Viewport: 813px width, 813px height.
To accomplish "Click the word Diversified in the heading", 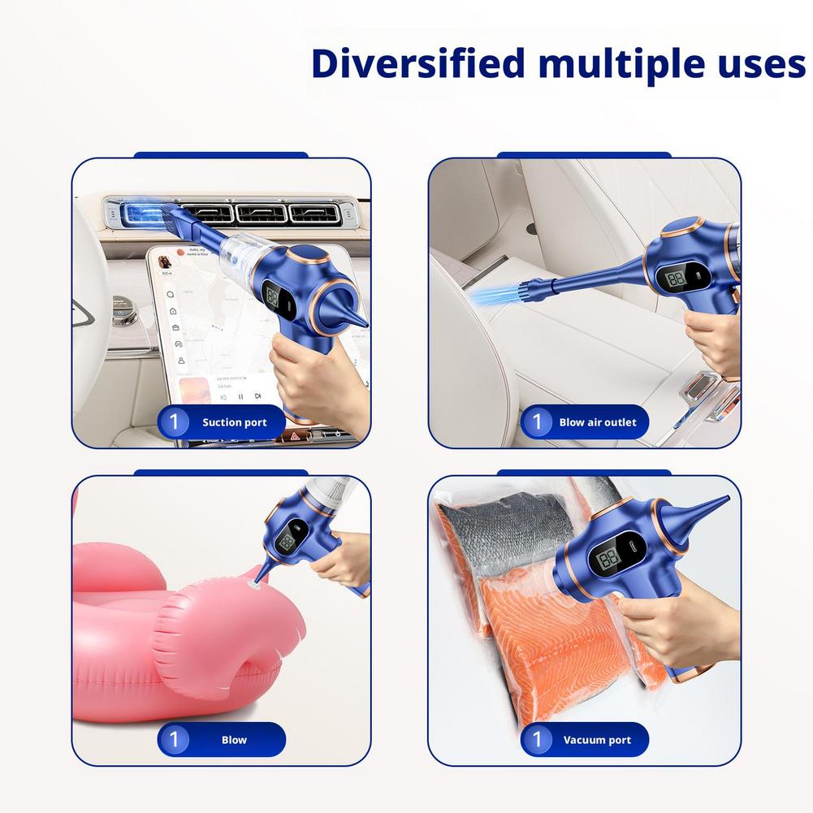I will (x=417, y=63).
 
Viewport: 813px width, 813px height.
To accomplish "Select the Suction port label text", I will (x=234, y=422).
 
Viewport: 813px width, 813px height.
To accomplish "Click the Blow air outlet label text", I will (x=598, y=422).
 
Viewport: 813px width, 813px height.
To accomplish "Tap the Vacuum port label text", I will (x=597, y=740).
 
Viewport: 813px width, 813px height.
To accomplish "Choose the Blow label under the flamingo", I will (x=234, y=740).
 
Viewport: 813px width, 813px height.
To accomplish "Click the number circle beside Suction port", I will (x=173, y=422).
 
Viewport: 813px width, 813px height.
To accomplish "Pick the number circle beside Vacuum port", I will (x=536, y=740).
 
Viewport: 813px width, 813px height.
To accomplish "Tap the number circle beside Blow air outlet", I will (x=536, y=422).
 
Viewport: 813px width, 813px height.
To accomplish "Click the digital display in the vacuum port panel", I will (x=609, y=560).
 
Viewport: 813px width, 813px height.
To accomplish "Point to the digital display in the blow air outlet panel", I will (x=676, y=279).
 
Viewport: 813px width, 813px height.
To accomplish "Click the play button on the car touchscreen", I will (x=240, y=396).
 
